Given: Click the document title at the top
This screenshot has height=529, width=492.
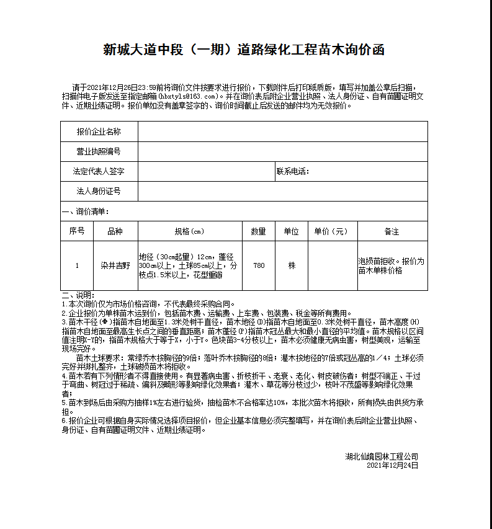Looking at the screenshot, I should (x=244, y=50).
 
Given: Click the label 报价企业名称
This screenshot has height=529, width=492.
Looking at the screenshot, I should (x=99, y=132).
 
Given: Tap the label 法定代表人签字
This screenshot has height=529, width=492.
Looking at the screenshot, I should (x=99, y=172).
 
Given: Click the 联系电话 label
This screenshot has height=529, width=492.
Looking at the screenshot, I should (x=293, y=172).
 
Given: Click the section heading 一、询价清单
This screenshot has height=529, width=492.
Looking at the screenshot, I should (x=86, y=211).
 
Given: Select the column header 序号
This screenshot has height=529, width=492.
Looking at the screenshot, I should (x=77, y=231).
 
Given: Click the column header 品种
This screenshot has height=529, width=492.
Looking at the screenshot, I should (x=115, y=231).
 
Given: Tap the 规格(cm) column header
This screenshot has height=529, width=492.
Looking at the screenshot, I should (x=189, y=231).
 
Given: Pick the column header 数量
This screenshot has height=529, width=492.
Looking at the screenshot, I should (x=259, y=231).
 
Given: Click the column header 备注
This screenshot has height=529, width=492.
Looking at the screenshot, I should (x=391, y=231).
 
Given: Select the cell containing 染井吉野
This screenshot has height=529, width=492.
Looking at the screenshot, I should (x=115, y=265).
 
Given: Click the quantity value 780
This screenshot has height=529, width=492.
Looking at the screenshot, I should (x=259, y=265).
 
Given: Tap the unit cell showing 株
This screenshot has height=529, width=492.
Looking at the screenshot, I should (x=292, y=265).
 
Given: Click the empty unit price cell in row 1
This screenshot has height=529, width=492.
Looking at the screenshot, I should (x=332, y=265).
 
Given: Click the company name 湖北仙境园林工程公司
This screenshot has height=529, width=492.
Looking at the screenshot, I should (x=382, y=456).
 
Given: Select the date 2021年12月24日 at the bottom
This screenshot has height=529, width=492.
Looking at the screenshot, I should (x=392, y=465).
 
